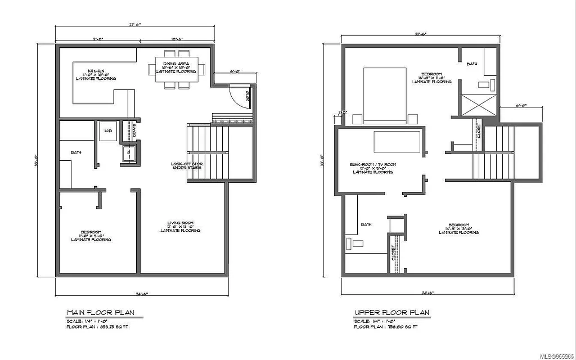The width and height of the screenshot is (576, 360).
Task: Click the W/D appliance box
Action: coord(107,132)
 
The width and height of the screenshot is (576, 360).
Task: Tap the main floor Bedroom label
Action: coord(91,236)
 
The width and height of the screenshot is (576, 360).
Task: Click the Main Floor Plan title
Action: coord(101,312)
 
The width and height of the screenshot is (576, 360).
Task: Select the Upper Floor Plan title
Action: coord(391,312)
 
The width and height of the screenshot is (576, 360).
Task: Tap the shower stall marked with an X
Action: coord(479,105)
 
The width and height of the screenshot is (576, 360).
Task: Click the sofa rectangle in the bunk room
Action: coord(397,142)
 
